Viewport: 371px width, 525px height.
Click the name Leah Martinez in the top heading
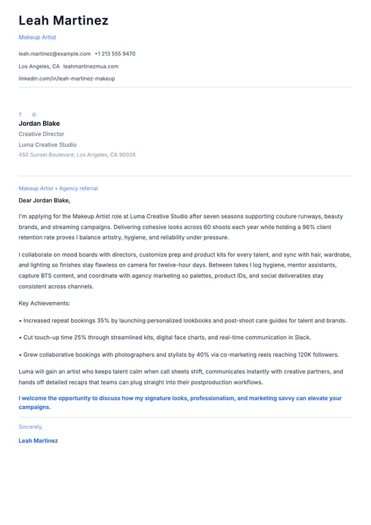coord(64,21)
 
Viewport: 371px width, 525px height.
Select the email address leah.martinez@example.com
coord(55,53)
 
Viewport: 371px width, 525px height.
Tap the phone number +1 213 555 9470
coord(115,53)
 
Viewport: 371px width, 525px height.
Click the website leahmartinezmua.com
coord(91,66)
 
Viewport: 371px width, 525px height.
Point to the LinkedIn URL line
coord(66,79)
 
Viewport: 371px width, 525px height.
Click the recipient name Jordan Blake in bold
coord(39,124)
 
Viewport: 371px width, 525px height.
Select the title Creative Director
coord(41,135)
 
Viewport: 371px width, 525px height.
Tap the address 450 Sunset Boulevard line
coord(77,154)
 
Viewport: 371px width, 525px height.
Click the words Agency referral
coord(78,188)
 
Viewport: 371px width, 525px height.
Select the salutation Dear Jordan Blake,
coord(44,201)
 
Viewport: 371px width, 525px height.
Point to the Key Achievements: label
coord(44,303)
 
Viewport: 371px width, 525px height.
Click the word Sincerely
coord(31,427)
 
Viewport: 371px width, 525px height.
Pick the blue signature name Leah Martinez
coord(38,441)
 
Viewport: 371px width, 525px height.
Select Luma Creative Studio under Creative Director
coord(47,145)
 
